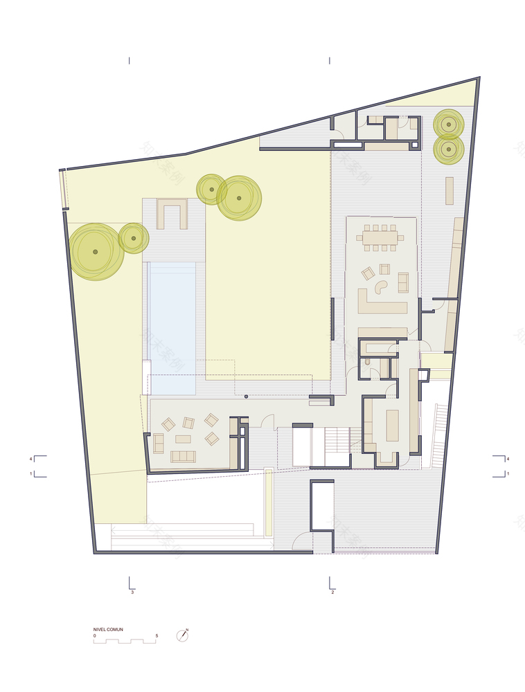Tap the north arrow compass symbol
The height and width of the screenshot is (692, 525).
pos(184,635)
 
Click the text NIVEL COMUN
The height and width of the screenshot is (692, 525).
pos(108,629)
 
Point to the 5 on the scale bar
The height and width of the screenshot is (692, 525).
pos(157,635)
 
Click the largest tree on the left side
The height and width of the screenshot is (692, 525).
pos(96,251)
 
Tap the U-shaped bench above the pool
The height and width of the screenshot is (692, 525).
pos(172,213)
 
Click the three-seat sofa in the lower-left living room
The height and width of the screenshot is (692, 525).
pos(184,455)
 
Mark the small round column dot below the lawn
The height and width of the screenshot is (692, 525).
pos(247,397)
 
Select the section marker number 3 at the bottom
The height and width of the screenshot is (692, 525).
pos(132,593)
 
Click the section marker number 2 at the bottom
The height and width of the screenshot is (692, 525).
pos(333,593)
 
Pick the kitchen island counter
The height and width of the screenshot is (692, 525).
pos(392,425)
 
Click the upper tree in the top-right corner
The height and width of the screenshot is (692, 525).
pos(449,125)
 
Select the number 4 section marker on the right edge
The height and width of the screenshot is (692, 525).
pos(508,459)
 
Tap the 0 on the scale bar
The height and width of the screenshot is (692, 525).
pos(95,635)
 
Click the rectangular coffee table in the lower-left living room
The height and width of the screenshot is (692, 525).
pos(183,439)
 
